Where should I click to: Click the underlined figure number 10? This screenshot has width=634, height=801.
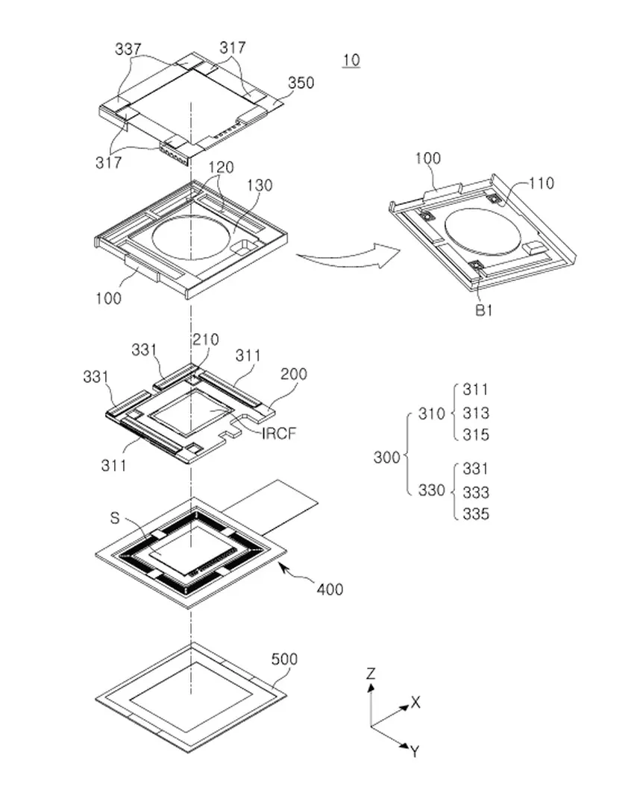(x=351, y=60)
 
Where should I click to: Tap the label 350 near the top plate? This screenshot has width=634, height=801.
(x=301, y=83)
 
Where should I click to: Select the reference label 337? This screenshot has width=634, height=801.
(x=129, y=50)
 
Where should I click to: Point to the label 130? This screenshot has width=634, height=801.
(x=260, y=186)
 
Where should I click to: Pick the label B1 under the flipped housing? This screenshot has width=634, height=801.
(x=484, y=311)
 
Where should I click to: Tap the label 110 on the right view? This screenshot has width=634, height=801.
(x=542, y=183)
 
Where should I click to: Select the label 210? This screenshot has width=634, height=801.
(x=205, y=340)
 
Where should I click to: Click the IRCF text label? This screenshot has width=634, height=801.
(x=278, y=432)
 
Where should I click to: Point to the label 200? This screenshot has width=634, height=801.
(x=293, y=374)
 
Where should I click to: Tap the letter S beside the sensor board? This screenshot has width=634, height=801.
(x=114, y=518)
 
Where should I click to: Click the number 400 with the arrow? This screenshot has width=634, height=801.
(x=329, y=589)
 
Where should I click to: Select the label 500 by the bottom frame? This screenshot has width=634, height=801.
(x=284, y=659)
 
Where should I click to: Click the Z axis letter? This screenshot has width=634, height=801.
(x=371, y=674)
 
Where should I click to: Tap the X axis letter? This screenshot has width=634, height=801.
(x=415, y=702)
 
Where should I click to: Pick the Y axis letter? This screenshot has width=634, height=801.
(x=414, y=752)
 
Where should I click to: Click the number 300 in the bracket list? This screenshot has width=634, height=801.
(x=387, y=458)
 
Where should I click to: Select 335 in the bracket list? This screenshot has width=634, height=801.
(x=476, y=514)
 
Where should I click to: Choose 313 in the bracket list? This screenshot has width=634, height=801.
(x=476, y=414)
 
